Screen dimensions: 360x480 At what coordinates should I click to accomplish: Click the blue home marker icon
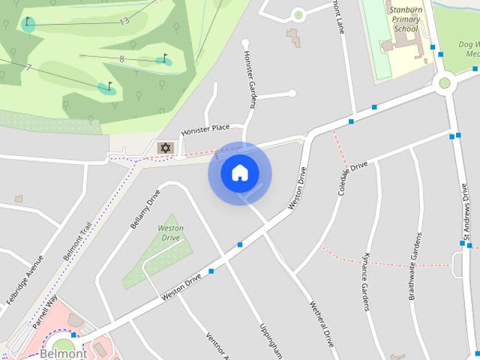(x=239, y=172)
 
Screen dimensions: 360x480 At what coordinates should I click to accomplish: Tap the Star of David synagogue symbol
(x=165, y=148)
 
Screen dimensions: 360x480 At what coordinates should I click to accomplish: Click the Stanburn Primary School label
(x=406, y=19)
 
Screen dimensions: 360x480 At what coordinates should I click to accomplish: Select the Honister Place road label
(x=205, y=128)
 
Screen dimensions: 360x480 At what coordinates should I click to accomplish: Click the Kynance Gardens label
(x=365, y=281)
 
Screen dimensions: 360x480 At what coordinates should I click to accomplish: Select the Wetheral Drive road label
(x=321, y=323)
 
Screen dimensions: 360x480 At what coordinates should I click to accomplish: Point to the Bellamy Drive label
(x=145, y=208)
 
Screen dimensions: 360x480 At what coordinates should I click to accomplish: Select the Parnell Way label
(x=45, y=312)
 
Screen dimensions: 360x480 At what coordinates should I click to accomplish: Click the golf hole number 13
(x=124, y=21)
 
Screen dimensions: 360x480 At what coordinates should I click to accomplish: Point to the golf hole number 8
(x=121, y=58)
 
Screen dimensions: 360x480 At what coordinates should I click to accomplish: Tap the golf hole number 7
(x=28, y=67)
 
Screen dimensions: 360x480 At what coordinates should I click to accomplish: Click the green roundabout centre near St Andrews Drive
(x=444, y=82)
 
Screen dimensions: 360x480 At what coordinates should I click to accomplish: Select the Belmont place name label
(x=63, y=353)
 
